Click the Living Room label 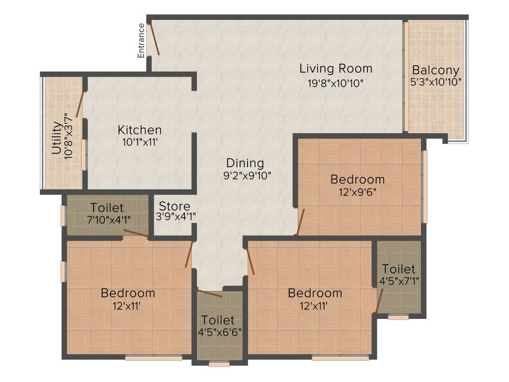336,68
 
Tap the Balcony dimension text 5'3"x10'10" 435,82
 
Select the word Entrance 142,40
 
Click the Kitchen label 139,130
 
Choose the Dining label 245,163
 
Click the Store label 174,206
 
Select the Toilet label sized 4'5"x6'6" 217,320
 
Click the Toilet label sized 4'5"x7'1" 398,269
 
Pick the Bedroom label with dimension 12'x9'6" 357,179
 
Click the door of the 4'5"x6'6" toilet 209,292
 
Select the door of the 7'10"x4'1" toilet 136,234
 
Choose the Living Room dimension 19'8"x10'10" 336,83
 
